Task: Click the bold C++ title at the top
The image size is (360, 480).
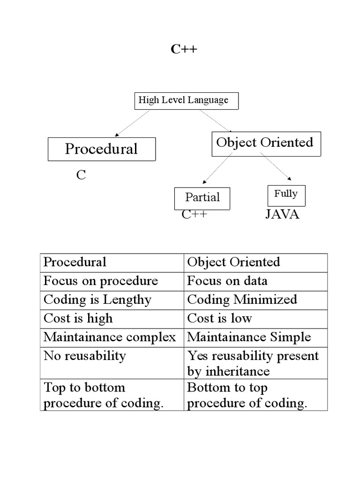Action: [x=184, y=49]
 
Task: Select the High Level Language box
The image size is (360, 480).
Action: [x=187, y=101]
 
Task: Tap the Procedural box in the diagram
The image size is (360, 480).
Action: [x=102, y=149]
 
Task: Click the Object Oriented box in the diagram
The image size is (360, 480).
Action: [x=266, y=143]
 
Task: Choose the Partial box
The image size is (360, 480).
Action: [x=202, y=198]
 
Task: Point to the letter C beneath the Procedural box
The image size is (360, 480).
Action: [x=81, y=176]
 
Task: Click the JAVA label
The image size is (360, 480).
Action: [x=282, y=215]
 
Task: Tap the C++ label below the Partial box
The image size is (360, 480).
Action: [x=195, y=215]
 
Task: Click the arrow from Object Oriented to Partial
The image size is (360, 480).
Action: [x=217, y=170]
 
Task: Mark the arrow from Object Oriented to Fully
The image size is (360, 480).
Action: [x=277, y=167]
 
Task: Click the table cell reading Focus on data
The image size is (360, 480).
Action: [x=227, y=281]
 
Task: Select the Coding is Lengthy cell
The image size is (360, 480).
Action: [x=97, y=300]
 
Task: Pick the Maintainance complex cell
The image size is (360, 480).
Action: [x=110, y=337]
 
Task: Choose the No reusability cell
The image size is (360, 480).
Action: [x=85, y=356]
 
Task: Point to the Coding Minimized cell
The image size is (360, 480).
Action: [x=242, y=300]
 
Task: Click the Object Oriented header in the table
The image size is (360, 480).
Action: [x=233, y=262]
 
